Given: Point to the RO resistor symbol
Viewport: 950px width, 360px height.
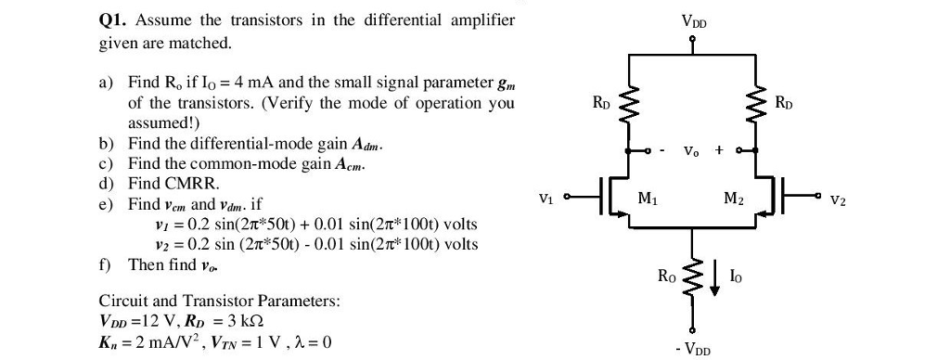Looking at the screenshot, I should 692,276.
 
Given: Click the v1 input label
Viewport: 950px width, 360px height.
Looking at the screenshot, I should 546,197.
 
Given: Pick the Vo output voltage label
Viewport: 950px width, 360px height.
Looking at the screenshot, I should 692,150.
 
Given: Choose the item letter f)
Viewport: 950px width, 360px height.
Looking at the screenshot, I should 105,264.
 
